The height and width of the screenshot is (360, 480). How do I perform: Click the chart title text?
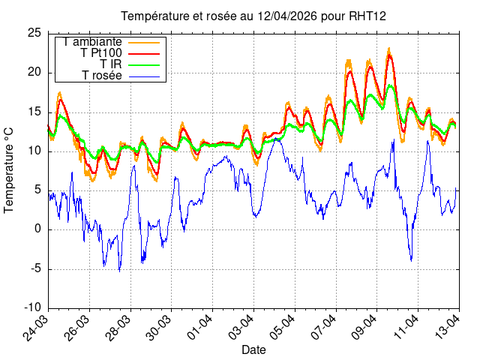click(253, 16)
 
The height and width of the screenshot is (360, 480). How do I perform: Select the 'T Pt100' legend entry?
click(100, 53)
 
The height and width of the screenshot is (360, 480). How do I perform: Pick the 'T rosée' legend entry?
click(101, 76)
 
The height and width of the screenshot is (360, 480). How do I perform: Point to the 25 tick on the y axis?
click(34, 33)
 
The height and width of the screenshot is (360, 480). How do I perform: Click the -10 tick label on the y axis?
click(32, 307)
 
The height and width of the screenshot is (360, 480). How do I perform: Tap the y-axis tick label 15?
click(34, 112)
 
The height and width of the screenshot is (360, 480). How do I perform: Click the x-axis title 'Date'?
click(253, 349)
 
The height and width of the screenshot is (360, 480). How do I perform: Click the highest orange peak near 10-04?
click(388, 49)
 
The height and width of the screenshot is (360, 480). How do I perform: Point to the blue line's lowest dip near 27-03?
click(119, 270)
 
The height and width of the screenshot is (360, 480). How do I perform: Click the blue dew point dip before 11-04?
click(411, 260)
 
